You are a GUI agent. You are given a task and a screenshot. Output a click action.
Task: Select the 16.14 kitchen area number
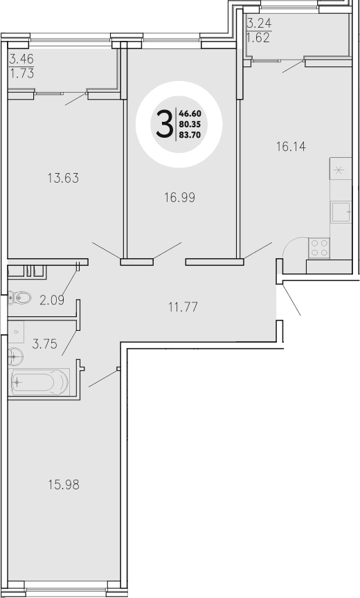click(x=291, y=147)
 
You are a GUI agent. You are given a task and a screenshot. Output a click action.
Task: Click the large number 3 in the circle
click(x=165, y=125)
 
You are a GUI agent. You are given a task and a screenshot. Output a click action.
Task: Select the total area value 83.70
click(x=190, y=135)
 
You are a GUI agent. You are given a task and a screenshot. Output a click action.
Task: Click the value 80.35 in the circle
click(x=190, y=125)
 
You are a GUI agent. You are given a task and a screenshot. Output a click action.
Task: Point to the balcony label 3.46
click(x=22, y=60)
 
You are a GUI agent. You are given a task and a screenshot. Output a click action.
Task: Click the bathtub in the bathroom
click(x=40, y=381)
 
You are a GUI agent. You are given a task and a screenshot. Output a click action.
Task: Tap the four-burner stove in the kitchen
click(x=319, y=248)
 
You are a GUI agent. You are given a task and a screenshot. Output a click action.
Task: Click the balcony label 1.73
click(x=22, y=72)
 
